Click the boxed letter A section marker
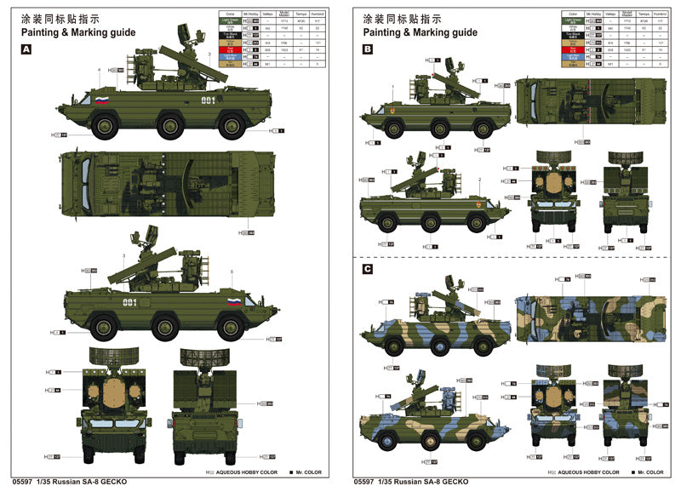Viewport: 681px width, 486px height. [x=27, y=50]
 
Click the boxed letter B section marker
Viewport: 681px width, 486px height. [x=368, y=50]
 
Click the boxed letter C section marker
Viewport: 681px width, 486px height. [x=368, y=270]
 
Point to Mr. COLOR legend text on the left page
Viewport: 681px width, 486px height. [x=310, y=471]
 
